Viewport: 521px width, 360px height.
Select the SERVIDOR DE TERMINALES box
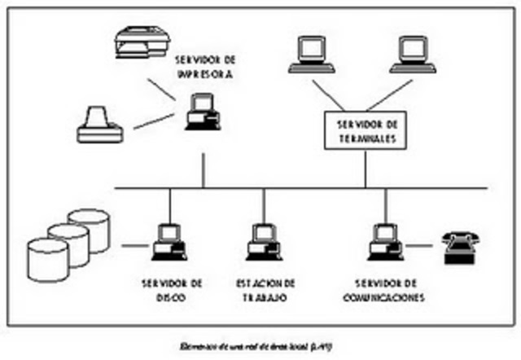pyautogui.click(x=366, y=131)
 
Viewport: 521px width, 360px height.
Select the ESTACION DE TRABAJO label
pyautogui.click(x=265, y=290)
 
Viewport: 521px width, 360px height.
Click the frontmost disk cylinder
pyautogui.click(x=48, y=259)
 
